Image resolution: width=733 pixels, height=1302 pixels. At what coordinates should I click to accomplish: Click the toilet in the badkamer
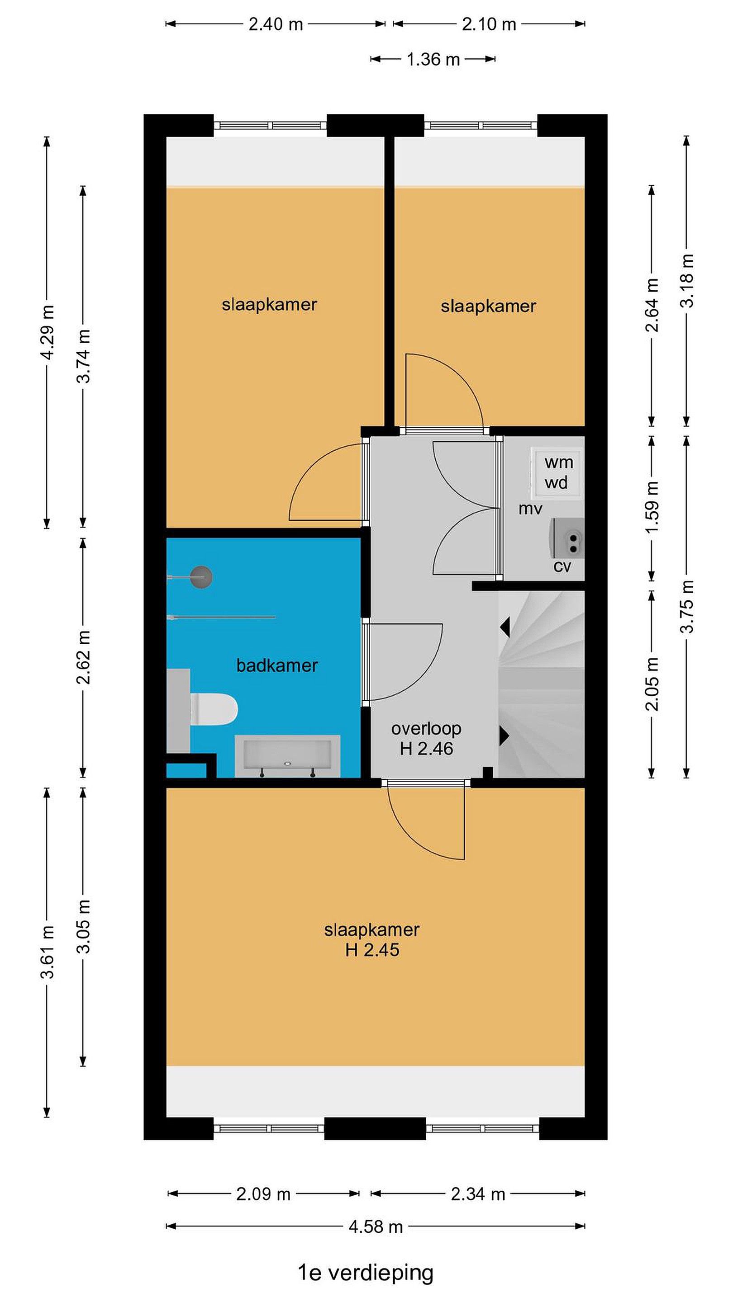[214, 709]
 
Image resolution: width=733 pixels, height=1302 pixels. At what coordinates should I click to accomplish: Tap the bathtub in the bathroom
[287, 755]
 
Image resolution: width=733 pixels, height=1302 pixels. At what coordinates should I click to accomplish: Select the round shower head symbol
[201, 577]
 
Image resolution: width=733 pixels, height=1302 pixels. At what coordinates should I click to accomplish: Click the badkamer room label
[277, 665]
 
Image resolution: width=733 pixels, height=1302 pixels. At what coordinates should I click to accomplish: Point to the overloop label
[426, 728]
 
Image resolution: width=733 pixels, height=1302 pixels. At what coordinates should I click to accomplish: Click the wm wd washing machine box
[557, 472]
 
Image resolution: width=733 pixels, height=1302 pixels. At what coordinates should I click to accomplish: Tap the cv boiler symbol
[567, 538]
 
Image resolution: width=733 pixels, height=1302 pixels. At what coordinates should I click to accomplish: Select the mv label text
[530, 509]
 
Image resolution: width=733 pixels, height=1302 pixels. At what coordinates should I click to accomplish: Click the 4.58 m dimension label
[376, 1227]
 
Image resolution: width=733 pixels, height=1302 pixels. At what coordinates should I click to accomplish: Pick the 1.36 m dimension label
[433, 60]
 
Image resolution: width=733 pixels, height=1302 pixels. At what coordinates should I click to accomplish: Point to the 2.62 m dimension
[83, 657]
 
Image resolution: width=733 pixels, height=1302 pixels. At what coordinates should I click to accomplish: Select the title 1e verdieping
[365, 1272]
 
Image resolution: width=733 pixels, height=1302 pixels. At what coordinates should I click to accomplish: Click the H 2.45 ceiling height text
[372, 950]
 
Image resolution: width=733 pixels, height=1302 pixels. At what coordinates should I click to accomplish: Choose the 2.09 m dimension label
[263, 1194]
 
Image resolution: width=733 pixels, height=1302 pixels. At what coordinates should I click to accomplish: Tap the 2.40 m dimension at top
[275, 24]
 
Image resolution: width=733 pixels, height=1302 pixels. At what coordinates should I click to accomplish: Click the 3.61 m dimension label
[47, 951]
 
